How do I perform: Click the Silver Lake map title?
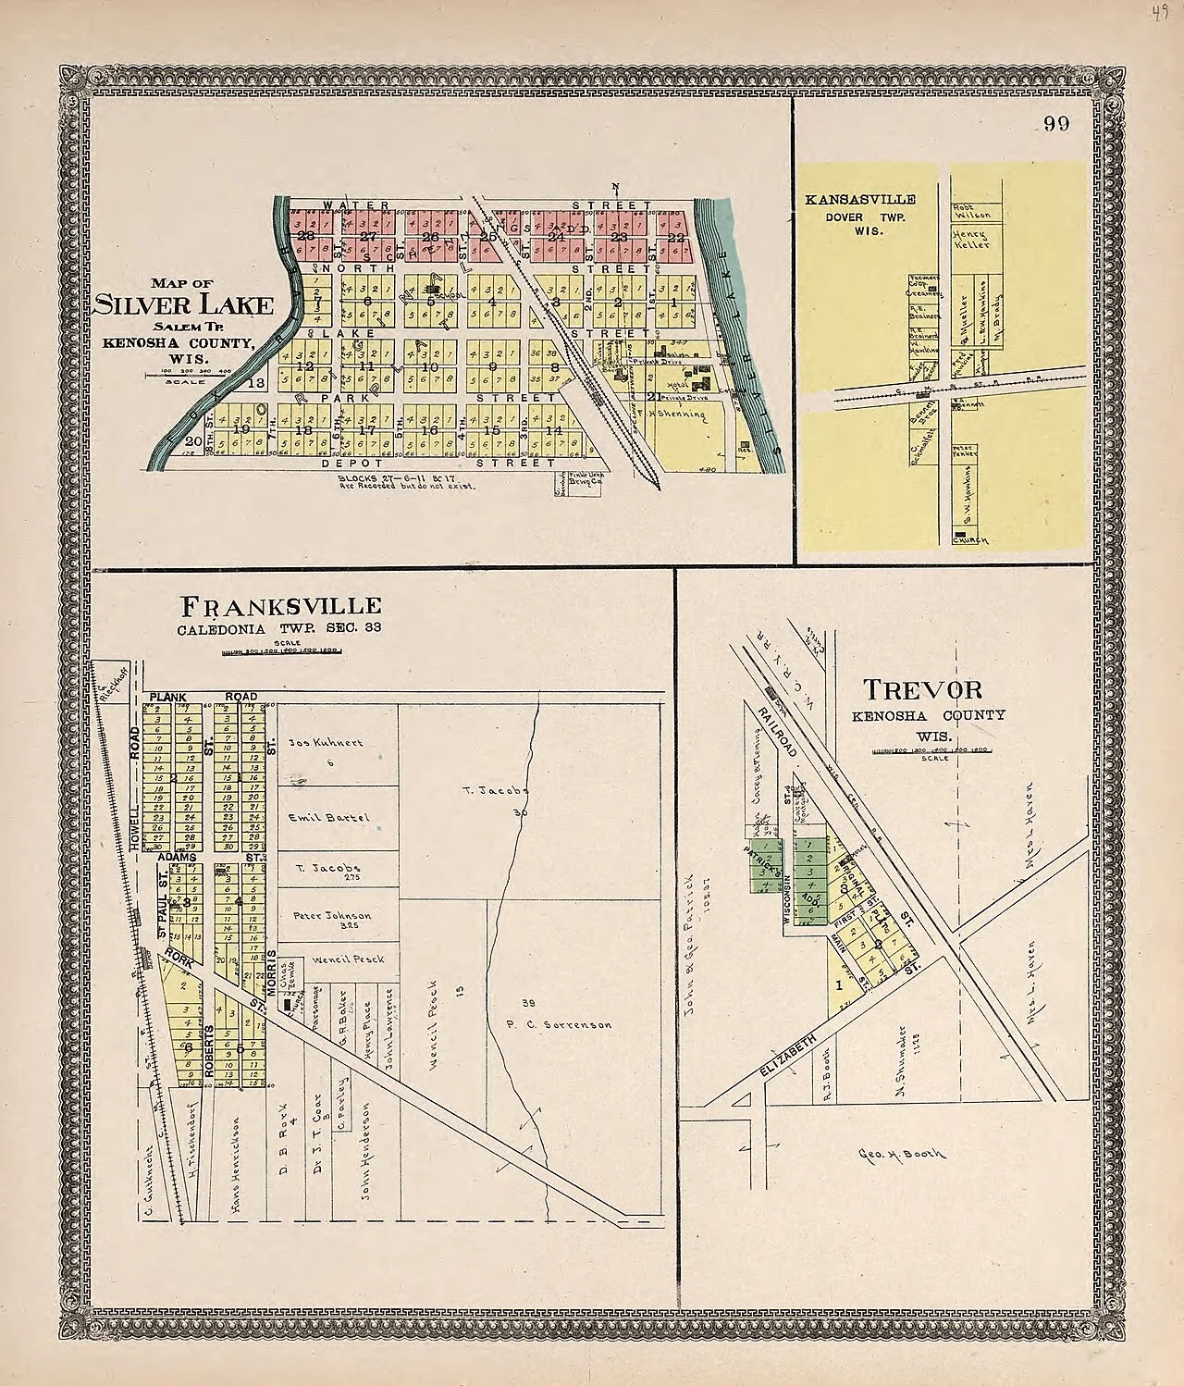[183, 305]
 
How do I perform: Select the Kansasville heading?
[859, 199]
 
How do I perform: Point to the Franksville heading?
[280, 606]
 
